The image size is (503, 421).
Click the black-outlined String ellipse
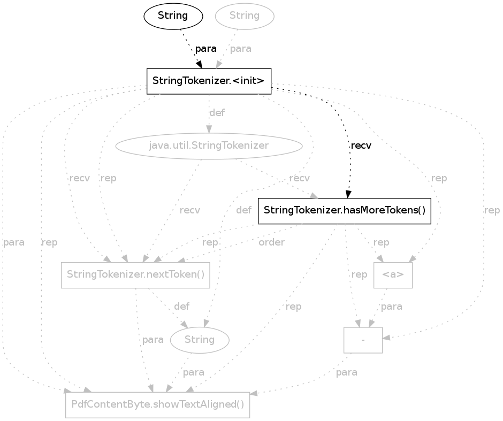(173, 16)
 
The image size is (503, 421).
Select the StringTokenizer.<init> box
(209, 81)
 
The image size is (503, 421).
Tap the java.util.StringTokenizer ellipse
(209, 146)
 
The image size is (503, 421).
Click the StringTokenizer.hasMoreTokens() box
(345, 210)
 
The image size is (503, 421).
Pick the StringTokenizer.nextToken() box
(135, 275)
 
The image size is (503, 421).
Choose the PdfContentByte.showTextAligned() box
(157, 405)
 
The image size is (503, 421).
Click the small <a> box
(393, 275)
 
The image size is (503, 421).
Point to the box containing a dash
(363, 340)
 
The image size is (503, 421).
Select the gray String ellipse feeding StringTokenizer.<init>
(245, 16)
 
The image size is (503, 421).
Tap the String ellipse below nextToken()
(200, 340)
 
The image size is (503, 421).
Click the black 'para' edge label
(205, 49)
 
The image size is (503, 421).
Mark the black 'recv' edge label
(361, 146)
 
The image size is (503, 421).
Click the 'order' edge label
(271, 242)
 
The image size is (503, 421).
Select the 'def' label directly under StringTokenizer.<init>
(217, 113)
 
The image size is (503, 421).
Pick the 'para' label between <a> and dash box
(391, 307)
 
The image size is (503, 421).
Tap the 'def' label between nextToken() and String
(181, 307)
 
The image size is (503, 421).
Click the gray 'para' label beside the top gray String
(241, 49)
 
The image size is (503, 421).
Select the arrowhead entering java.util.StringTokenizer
(209, 129)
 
